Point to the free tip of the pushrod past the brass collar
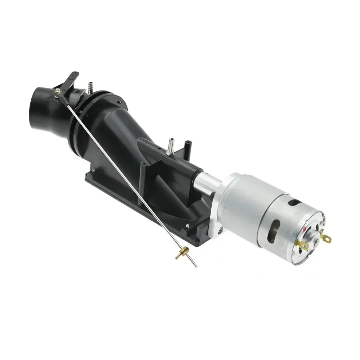coord(196,267)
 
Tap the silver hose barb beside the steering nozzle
coord(90,87)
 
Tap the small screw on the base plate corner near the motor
coord(188,226)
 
